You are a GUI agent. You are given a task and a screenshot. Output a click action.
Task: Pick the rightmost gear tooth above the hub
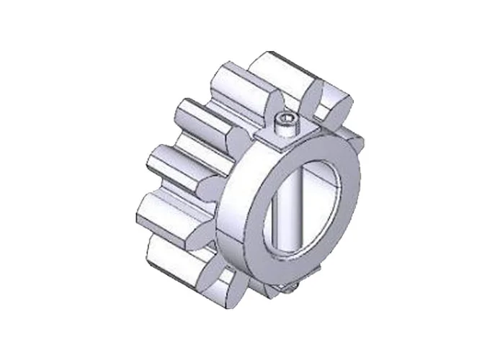(x=331, y=104)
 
